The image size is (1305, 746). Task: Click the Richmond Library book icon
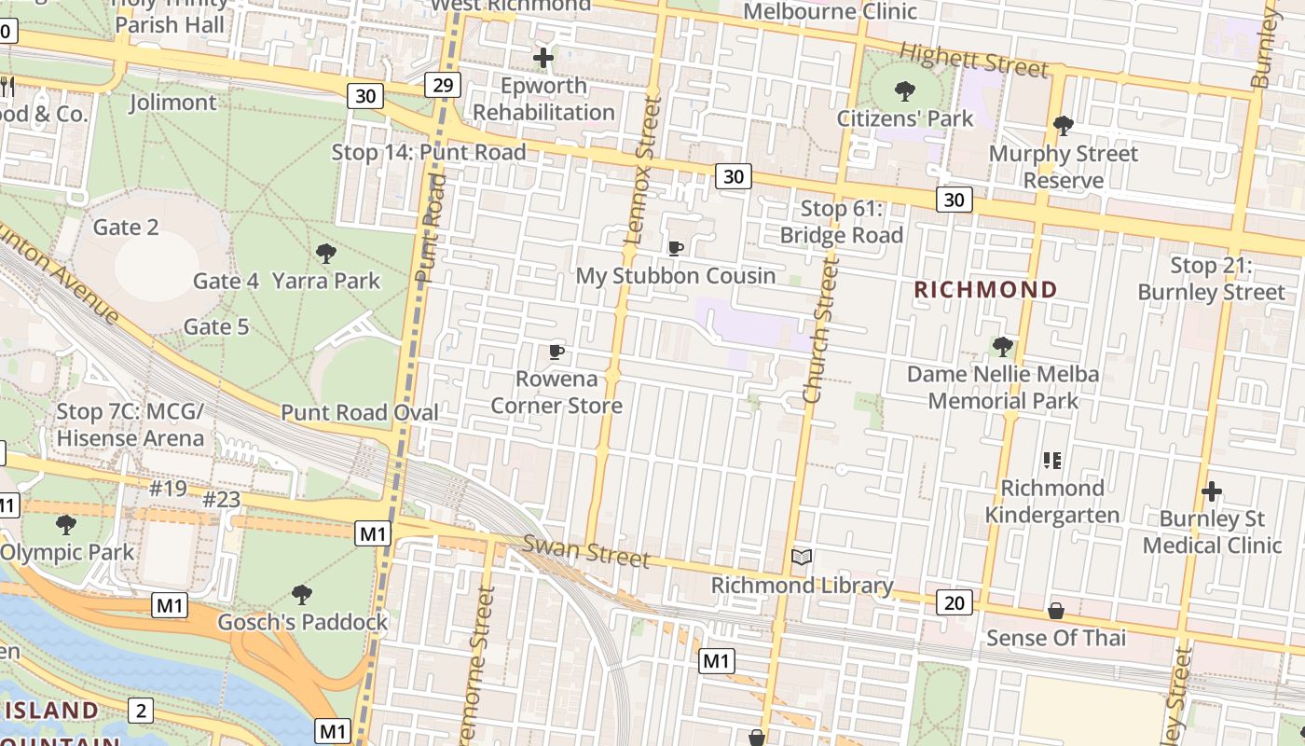(x=802, y=558)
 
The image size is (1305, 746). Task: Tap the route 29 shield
(x=443, y=85)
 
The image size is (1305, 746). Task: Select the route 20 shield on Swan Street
(x=954, y=602)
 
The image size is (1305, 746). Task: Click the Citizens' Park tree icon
(x=903, y=91)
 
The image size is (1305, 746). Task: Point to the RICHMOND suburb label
(x=985, y=290)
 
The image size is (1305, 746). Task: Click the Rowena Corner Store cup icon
(x=556, y=352)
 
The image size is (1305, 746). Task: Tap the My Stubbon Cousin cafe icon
(x=676, y=248)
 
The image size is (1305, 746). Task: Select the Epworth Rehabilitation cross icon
(x=543, y=58)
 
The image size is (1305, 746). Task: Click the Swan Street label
(x=585, y=550)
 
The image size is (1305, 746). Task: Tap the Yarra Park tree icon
(x=325, y=253)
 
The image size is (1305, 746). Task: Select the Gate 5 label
(x=216, y=326)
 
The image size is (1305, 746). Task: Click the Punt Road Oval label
(x=360, y=412)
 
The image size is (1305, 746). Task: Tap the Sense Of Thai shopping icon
(x=1056, y=611)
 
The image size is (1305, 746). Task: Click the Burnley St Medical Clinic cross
(x=1212, y=491)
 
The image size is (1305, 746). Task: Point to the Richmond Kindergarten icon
(x=1052, y=460)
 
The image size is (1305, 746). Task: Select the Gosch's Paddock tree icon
(x=301, y=594)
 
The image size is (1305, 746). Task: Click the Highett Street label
(x=974, y=62)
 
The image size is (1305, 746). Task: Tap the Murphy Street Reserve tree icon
(x=1063, y=125)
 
